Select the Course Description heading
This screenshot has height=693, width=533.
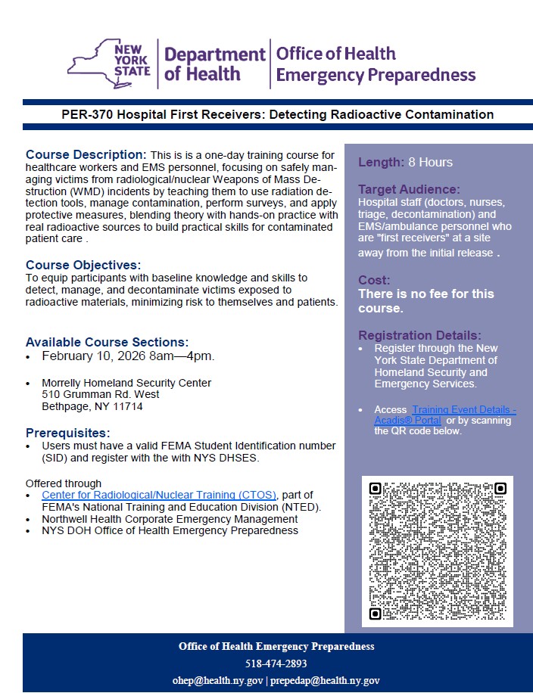[x=86, y=154]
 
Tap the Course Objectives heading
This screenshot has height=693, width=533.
[x=83, y=265]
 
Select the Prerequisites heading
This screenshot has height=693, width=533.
[x=68, y=434]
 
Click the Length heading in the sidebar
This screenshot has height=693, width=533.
[x=381, y=162]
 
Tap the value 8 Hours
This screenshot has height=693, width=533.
[x=430, y=162]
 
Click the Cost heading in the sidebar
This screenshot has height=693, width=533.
[x=374, y=280]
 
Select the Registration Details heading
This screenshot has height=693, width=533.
[x=419, y=335]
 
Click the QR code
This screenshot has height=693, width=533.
[x=438, y=552]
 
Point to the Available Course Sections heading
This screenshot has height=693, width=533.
[x=108, y=342]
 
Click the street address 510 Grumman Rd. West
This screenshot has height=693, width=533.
[x=101, y=394]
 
